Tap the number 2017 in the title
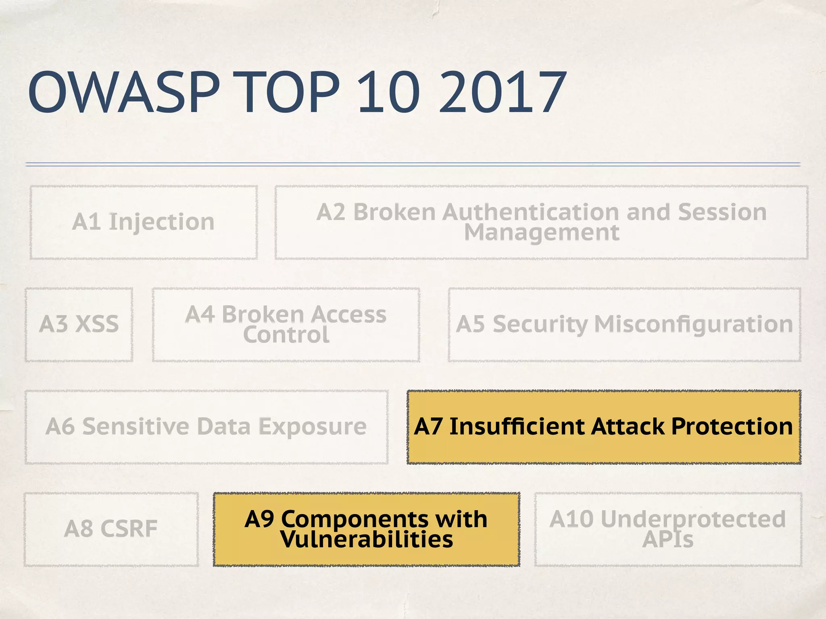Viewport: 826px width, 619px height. [503, 93]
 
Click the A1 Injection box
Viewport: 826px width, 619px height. [144, 222]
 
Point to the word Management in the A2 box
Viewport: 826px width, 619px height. [541, 233]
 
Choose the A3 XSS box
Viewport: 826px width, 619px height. [79, 324]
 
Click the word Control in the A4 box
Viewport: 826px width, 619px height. [286, 335]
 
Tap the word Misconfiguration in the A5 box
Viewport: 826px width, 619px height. [693, 324]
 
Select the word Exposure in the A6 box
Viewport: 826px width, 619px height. [312, 426]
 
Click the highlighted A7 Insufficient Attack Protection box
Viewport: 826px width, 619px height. [604, 427]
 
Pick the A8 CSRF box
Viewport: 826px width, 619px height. [111, 529]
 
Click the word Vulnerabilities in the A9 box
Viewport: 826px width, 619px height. [367, 539]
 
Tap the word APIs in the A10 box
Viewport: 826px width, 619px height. [668, 539]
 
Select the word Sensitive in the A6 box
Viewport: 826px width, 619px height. [136, 426]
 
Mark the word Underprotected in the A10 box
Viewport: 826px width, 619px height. [693, 519]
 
